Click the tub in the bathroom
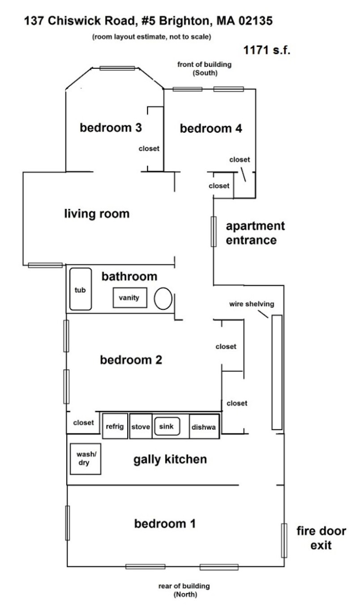81,289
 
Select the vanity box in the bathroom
130,298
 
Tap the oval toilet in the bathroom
163,298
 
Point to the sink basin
167,426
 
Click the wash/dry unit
86,459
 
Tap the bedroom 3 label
111,128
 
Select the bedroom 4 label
211,128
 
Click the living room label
97,213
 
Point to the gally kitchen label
170,460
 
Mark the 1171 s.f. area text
267,50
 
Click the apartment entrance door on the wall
214,231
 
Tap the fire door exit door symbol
284,541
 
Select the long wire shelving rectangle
277,372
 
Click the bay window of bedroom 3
117,68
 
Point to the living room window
45,265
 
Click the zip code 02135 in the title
255,21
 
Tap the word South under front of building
205,73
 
